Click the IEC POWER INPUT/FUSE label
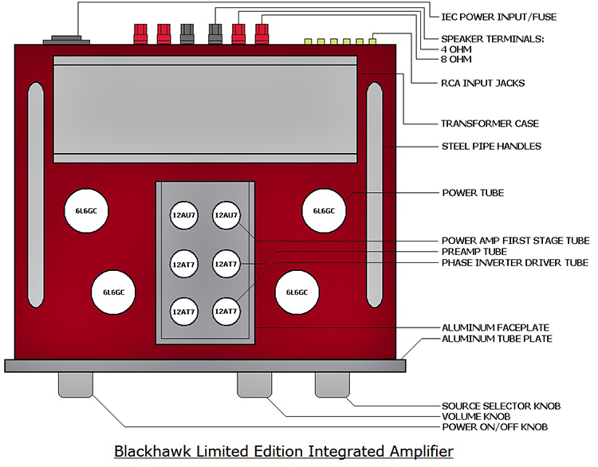pyautogui.click(x=498, y=17)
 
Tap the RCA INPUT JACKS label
pyautogui.click(x=483, y=83)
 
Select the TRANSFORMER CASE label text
pyautogui.click(x=490, y=124)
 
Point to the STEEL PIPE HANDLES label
pyautogui.click(x=491, y=147)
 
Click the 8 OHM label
pyautogui.click(x=456, y=59)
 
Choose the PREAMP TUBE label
pyautogui.click(x=474, y=252)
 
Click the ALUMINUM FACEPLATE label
pyautogui.click(x=495, y=328)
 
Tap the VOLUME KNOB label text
pyautogui.click(x=476, y=416)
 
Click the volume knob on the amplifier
pyautogui.click(x=254, y=385)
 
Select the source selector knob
pyautogui.click(x=332, y=385)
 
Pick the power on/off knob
pyautogui.click(x=76, y=385)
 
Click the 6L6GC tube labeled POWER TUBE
pyautogui.click(x=324, y=211)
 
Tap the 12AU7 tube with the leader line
pyautogui.click(x=226, y=215)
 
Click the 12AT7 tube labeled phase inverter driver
pyautogui.click(x=226, y=312)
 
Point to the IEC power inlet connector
pyautogui.click(x=66, y=40)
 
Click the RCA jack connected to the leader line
pyautogui.click(x=372, y=41)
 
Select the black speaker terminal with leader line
pyautogui.click(x=215, y=34)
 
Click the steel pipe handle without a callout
pyautogui.click(x=36, y=194)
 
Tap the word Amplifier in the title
pyautogui.click(x=422, y=452)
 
